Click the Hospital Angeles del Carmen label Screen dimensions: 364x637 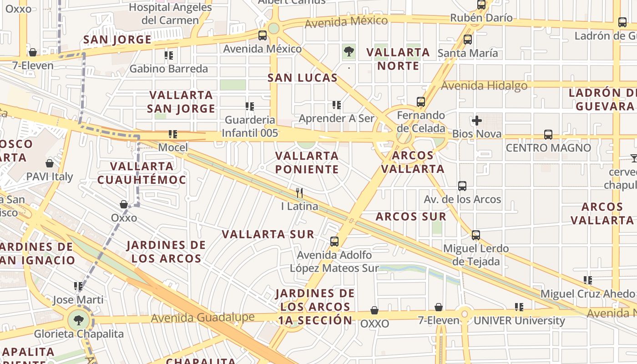(x=170, y=14)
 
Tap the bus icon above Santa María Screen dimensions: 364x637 (x=468, y=40)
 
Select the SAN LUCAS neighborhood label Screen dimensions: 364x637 (x=303, y=78)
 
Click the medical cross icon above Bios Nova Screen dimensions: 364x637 (x=476, y=121)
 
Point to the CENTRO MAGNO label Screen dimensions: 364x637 (x=548, y=148)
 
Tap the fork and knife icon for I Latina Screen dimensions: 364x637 (x=299, y=192)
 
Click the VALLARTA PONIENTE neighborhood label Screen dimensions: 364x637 (x=307, y=162)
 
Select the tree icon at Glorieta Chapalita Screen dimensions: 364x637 (x=79, y=320)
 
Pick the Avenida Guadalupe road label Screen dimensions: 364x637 (x=202, y=318)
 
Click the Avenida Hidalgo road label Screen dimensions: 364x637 (x=484, y=86)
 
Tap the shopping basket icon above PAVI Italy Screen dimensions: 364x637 (x=50, y=163)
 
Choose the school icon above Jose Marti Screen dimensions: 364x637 (x=78, y=286)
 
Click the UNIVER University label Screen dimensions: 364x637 (x=519, y=321)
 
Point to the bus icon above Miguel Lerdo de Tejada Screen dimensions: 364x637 (x=476, y=235)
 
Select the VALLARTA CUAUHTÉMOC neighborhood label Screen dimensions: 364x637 (x=142, y=173)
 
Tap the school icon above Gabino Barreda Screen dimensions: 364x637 (x=169, y=56)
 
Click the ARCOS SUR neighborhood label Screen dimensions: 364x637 (x=411, y=217)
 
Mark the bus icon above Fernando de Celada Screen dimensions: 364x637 (x=421, y=102)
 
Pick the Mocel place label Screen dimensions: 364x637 (x=173, y=147)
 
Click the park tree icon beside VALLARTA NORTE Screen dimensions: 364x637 (x=349, y=52)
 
